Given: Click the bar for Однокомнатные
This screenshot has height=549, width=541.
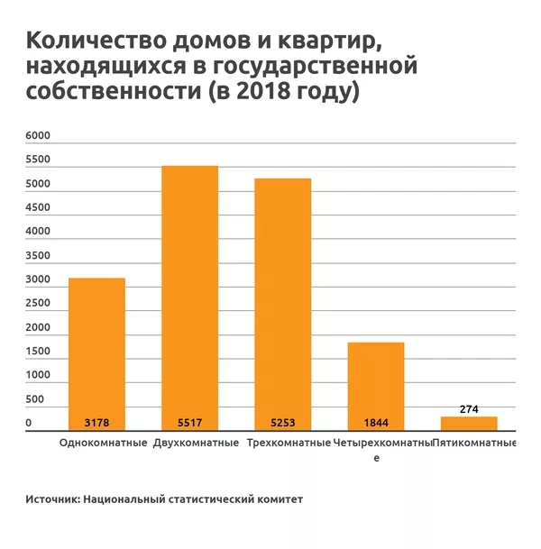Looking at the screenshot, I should pos(96,352).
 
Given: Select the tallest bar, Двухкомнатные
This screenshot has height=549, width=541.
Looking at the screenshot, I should pos(189,297).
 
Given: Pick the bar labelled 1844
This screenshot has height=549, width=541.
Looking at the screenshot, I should pos(376,383).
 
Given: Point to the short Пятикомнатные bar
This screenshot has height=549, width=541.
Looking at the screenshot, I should pos(469,424).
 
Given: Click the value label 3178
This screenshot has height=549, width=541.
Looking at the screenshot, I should pos(96,422).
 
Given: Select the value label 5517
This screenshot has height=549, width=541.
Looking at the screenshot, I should pos(189,422).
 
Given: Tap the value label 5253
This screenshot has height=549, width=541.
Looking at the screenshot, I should pos(282,422).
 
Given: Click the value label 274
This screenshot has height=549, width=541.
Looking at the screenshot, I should pos(469,408).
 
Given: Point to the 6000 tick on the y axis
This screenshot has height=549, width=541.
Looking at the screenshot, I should pos(38,136).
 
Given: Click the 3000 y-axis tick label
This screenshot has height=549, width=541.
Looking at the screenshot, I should pos(38,279).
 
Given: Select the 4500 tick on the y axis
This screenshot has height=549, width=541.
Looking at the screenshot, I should pos(38,208).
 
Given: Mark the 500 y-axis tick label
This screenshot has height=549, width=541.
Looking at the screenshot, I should pos(34,399).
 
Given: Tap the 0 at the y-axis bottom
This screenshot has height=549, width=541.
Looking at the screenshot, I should pos(29,423).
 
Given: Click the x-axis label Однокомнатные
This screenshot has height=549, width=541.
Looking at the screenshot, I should pos(103,444).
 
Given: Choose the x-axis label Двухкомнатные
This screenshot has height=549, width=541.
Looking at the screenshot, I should pos(196,444).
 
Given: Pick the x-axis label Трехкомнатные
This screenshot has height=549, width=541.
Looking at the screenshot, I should pos(289,444).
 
